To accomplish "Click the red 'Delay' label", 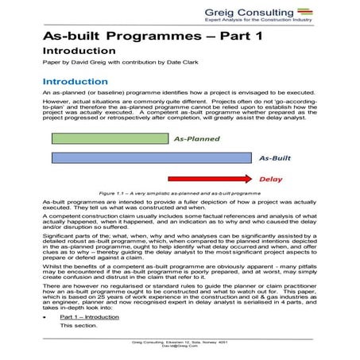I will click(x=271, y=178).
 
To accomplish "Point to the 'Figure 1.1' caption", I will click(x=180, y=193).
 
